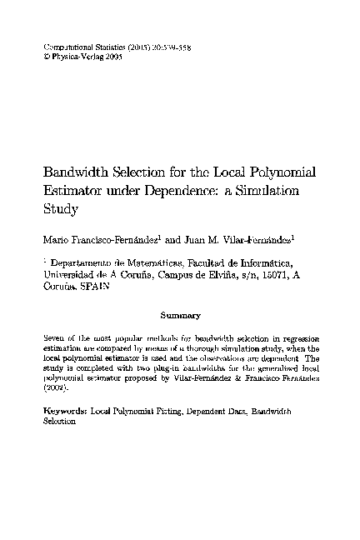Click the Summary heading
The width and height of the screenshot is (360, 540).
click(x=180, y=316)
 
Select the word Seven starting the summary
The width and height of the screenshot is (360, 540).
click(x=53, y=337)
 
